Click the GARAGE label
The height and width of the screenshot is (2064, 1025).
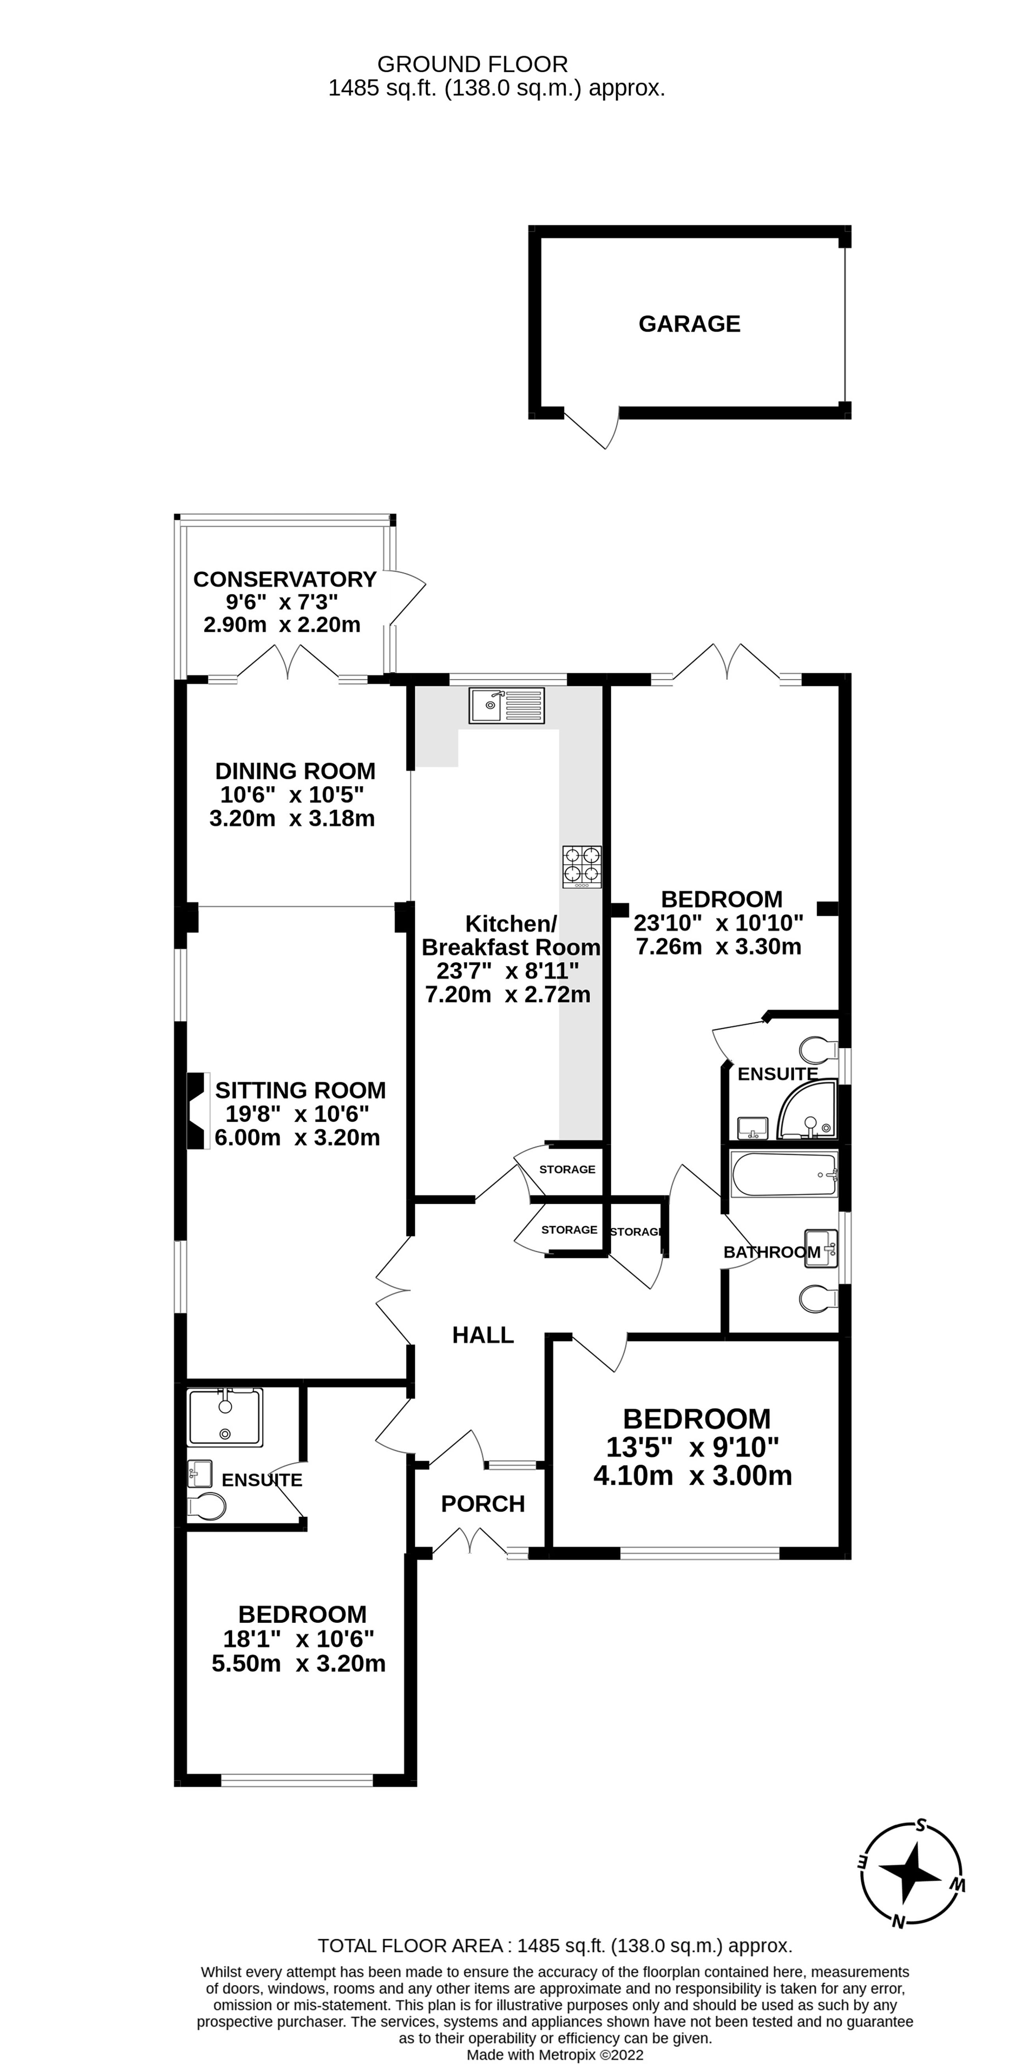tap(689, 324)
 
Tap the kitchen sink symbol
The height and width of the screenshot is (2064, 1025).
tap(507, 705)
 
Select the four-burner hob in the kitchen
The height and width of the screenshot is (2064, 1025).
tap(582, 866)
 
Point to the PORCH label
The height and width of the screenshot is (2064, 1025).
tap(483, 1504)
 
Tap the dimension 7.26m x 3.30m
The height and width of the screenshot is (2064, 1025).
tap(718, 946)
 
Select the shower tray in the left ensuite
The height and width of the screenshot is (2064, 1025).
tap(224, 1418)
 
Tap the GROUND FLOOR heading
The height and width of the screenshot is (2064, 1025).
tap(472, 64)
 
